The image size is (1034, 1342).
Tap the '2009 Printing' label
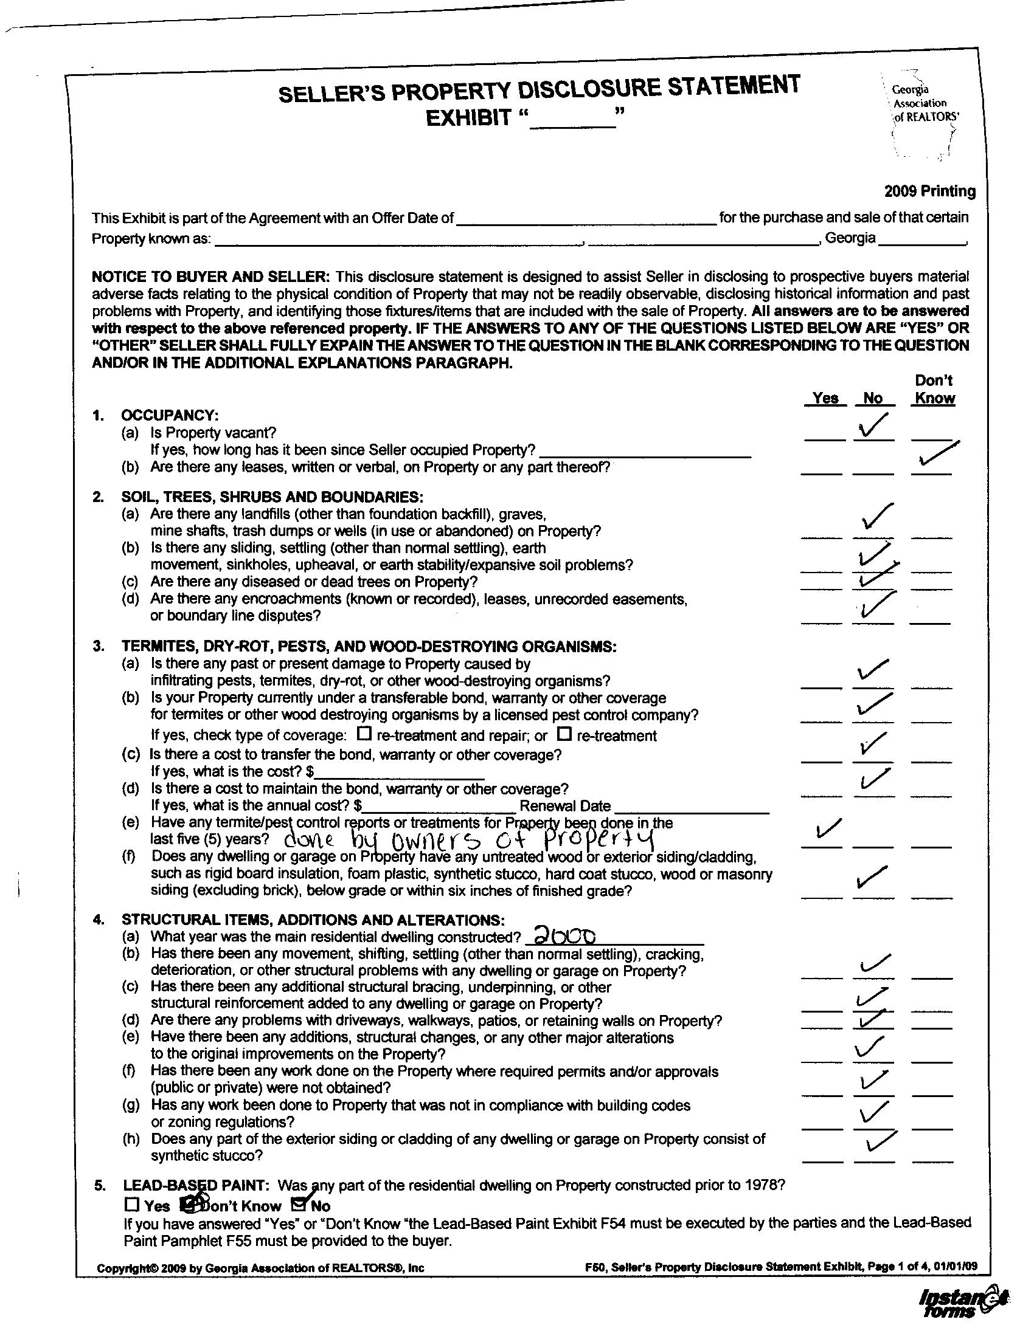pos(929,191)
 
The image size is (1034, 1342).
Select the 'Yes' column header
pos(825,397)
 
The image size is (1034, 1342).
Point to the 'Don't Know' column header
pos(934,389)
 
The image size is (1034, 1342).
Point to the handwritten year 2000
pos(564,935)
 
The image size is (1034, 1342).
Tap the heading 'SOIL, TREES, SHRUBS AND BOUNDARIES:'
pos(272,497)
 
